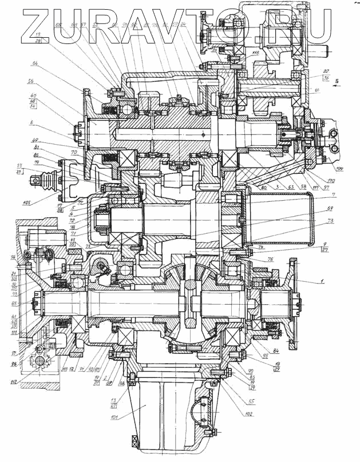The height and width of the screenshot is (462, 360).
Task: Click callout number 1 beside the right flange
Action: point(322,281)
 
